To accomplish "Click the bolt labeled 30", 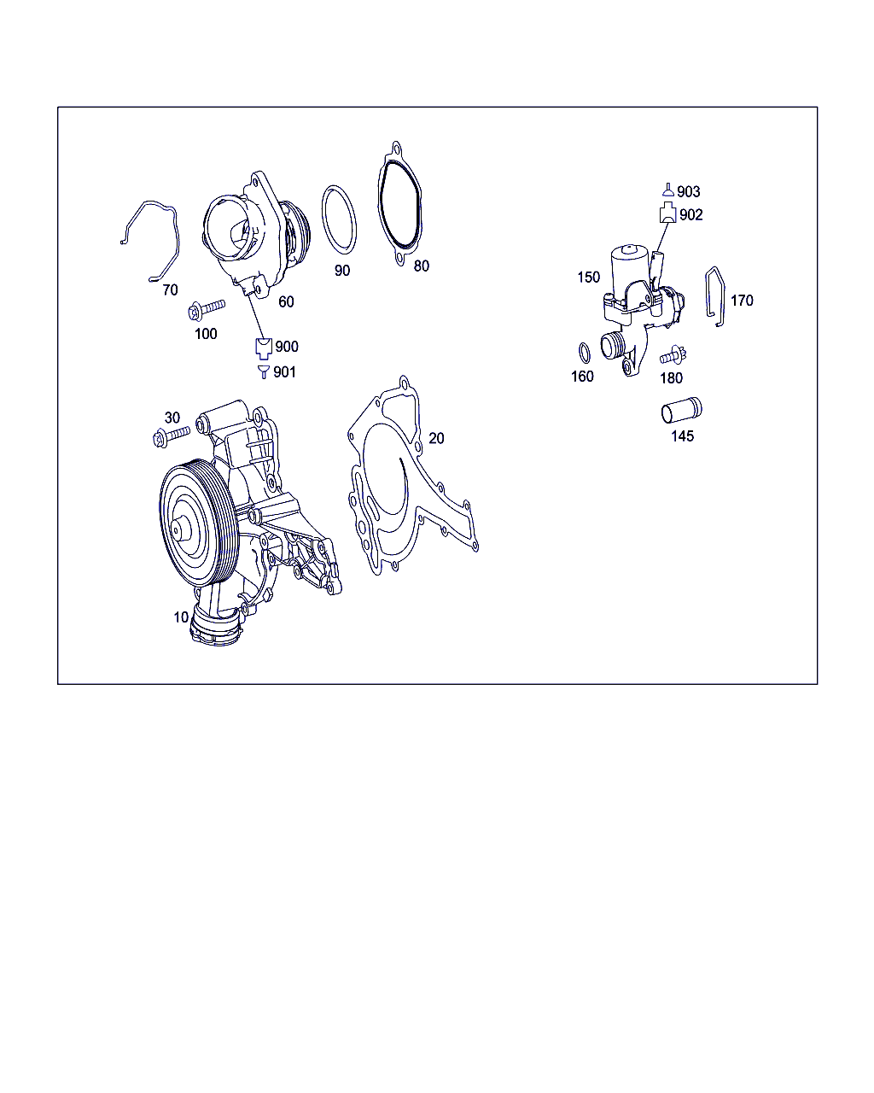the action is tap(171, 436).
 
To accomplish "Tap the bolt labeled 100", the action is tap(207, 309).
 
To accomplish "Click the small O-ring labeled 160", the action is tap(585, 353).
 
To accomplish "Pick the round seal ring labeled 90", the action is tap(323, 219).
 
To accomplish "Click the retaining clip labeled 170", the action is tap(707, 295).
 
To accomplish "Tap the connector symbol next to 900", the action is tap(263, 348).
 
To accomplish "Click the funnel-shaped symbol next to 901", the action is tap(263, 371).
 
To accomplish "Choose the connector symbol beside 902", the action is tap(667, 213).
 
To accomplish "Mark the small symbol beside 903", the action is tap(668, 190).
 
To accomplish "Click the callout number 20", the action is tap(436, 438).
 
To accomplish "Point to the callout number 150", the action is tap(589, 277).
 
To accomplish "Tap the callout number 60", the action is tap(286, 301).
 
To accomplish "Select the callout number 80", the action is tap(421, 266).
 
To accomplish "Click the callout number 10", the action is tap(181, 617).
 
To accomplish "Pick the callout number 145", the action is tap(682, 435).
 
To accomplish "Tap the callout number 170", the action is tap(742, 301).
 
